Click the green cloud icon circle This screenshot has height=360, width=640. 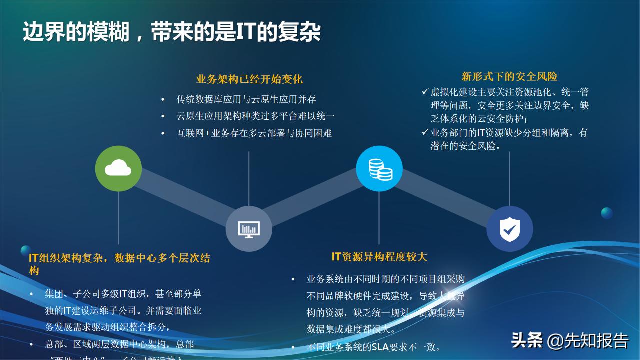[118, 168]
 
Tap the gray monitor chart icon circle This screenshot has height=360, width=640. [249, 229]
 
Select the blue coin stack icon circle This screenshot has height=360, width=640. [379, 168]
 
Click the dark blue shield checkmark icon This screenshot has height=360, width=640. [509, 229]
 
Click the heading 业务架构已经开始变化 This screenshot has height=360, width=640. [249, 79]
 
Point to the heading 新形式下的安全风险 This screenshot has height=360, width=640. [509, 76]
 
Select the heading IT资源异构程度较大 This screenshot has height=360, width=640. [379, 257]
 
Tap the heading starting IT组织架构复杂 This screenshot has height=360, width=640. [119, 258]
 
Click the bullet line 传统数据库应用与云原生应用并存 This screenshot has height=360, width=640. [246, 99]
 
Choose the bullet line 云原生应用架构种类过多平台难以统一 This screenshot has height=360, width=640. [255, 116]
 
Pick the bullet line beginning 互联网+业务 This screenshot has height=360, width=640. [254, 133]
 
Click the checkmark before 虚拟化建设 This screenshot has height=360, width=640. [425, 92]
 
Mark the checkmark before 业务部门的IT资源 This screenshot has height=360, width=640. [425, 133]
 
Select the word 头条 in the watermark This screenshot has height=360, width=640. [527, 341]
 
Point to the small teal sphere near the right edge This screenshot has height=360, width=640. [607, 213]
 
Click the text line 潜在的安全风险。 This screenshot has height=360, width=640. [465, 146]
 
